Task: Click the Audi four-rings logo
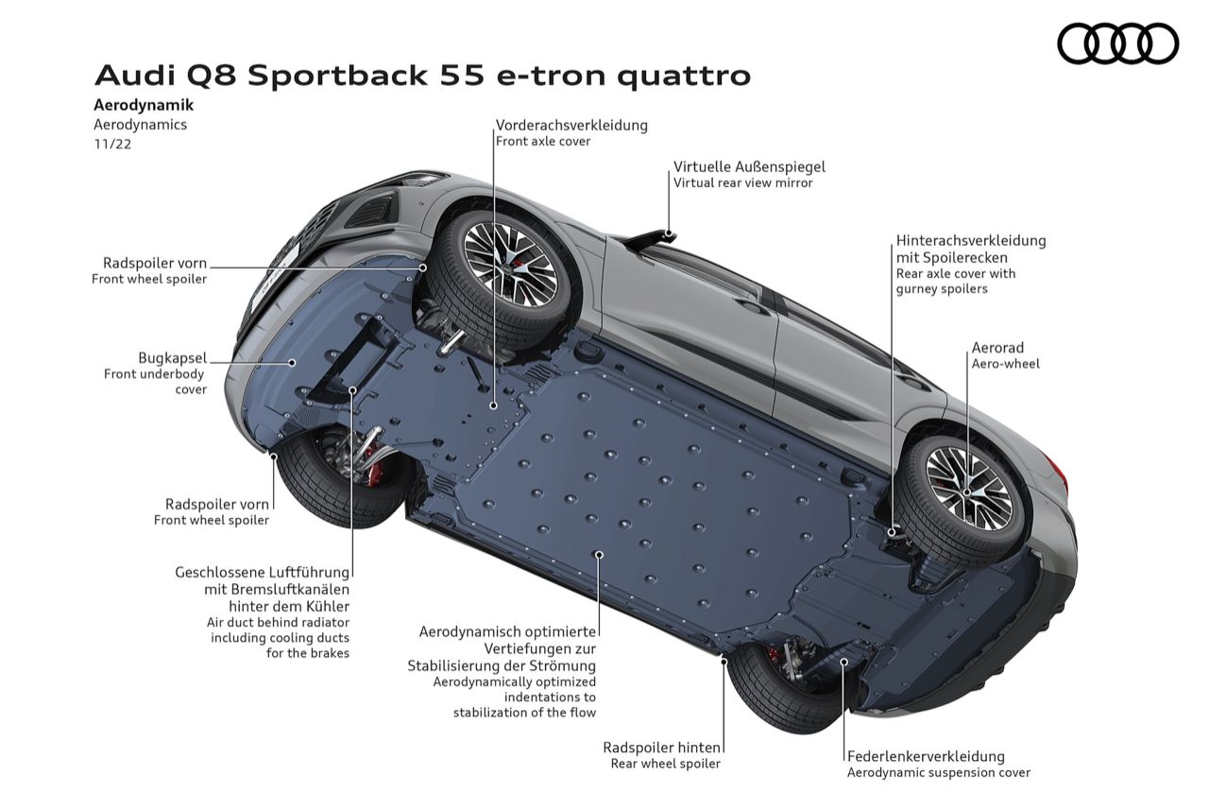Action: pos(1117,43)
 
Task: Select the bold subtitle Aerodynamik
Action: pos(144,106)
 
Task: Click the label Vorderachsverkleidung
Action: pos(571,125)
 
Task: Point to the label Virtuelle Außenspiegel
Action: pos(749,166)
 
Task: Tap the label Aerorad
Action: pos(997,348)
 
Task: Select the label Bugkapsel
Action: pos(172,358)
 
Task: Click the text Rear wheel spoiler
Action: pos(665,764)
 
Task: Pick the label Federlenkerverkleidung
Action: pos(926,756)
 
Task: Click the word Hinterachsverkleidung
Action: pos(971,240)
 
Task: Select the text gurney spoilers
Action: pos(942,289)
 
